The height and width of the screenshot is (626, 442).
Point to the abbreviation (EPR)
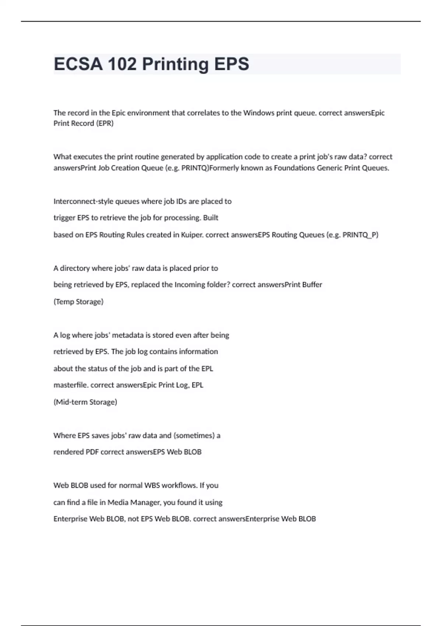point(105,123)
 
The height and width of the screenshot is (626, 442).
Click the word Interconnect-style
point(84,201)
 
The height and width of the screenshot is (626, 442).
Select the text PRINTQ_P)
point(360,235)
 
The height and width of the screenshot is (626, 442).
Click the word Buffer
point(312,285)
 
